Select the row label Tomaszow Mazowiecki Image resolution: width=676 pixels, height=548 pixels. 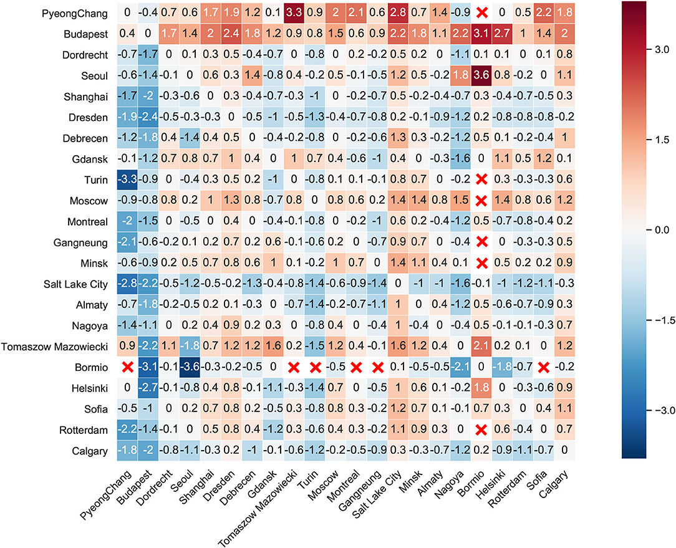tap(56, 346)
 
